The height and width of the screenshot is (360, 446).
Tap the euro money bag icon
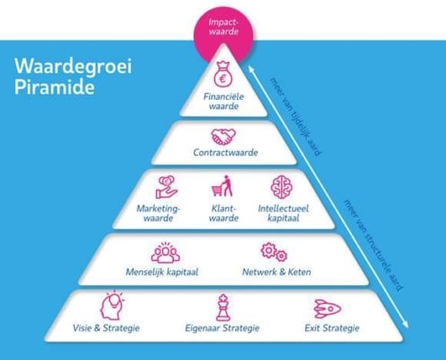pos(223,74)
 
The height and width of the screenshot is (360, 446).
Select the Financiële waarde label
pos(223,102)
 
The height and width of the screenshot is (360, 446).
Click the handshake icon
pos(223,137)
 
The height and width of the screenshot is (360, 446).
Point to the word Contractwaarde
pos(225,152)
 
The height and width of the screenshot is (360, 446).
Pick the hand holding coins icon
pos(166,187)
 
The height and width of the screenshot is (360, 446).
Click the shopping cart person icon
pos(223,186)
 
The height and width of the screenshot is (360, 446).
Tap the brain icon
pos(281,187)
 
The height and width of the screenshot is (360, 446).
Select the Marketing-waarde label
pos(159,213)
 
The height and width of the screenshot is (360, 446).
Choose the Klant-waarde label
pos(223,213)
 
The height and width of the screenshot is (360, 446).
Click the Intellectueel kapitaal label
pos(283,213)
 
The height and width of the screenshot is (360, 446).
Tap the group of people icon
pos(165,253)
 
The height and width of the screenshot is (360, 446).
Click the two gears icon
pos(274,252)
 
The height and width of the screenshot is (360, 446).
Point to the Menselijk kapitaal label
pos(162,272)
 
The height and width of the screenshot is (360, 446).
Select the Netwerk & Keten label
pos(277,272)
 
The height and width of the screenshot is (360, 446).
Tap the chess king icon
pos(223,308)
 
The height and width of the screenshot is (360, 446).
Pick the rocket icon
pos(327,309)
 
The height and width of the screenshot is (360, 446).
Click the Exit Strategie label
pos(332,328)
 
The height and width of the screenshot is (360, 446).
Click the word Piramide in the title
pos(54,87)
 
